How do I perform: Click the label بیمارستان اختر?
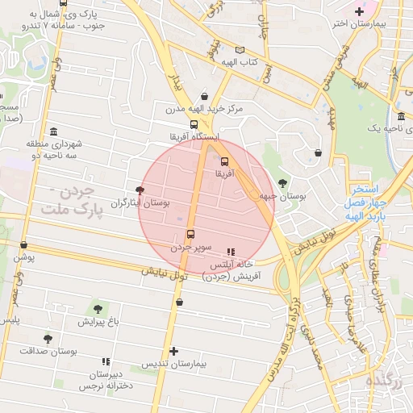[365, 23]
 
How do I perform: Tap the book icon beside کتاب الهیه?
[240, 50]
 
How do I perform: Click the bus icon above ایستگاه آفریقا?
[194, 124]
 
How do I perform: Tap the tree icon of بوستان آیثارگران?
[141, 190]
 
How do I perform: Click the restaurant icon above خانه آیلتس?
[232, 252]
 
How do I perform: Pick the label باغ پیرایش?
[98, 321]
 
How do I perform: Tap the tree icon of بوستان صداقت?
[48, 339]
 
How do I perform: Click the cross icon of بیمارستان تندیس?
[174, 351]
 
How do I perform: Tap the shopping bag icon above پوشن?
[23, 244]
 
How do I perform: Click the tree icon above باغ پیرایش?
[98, 308]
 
